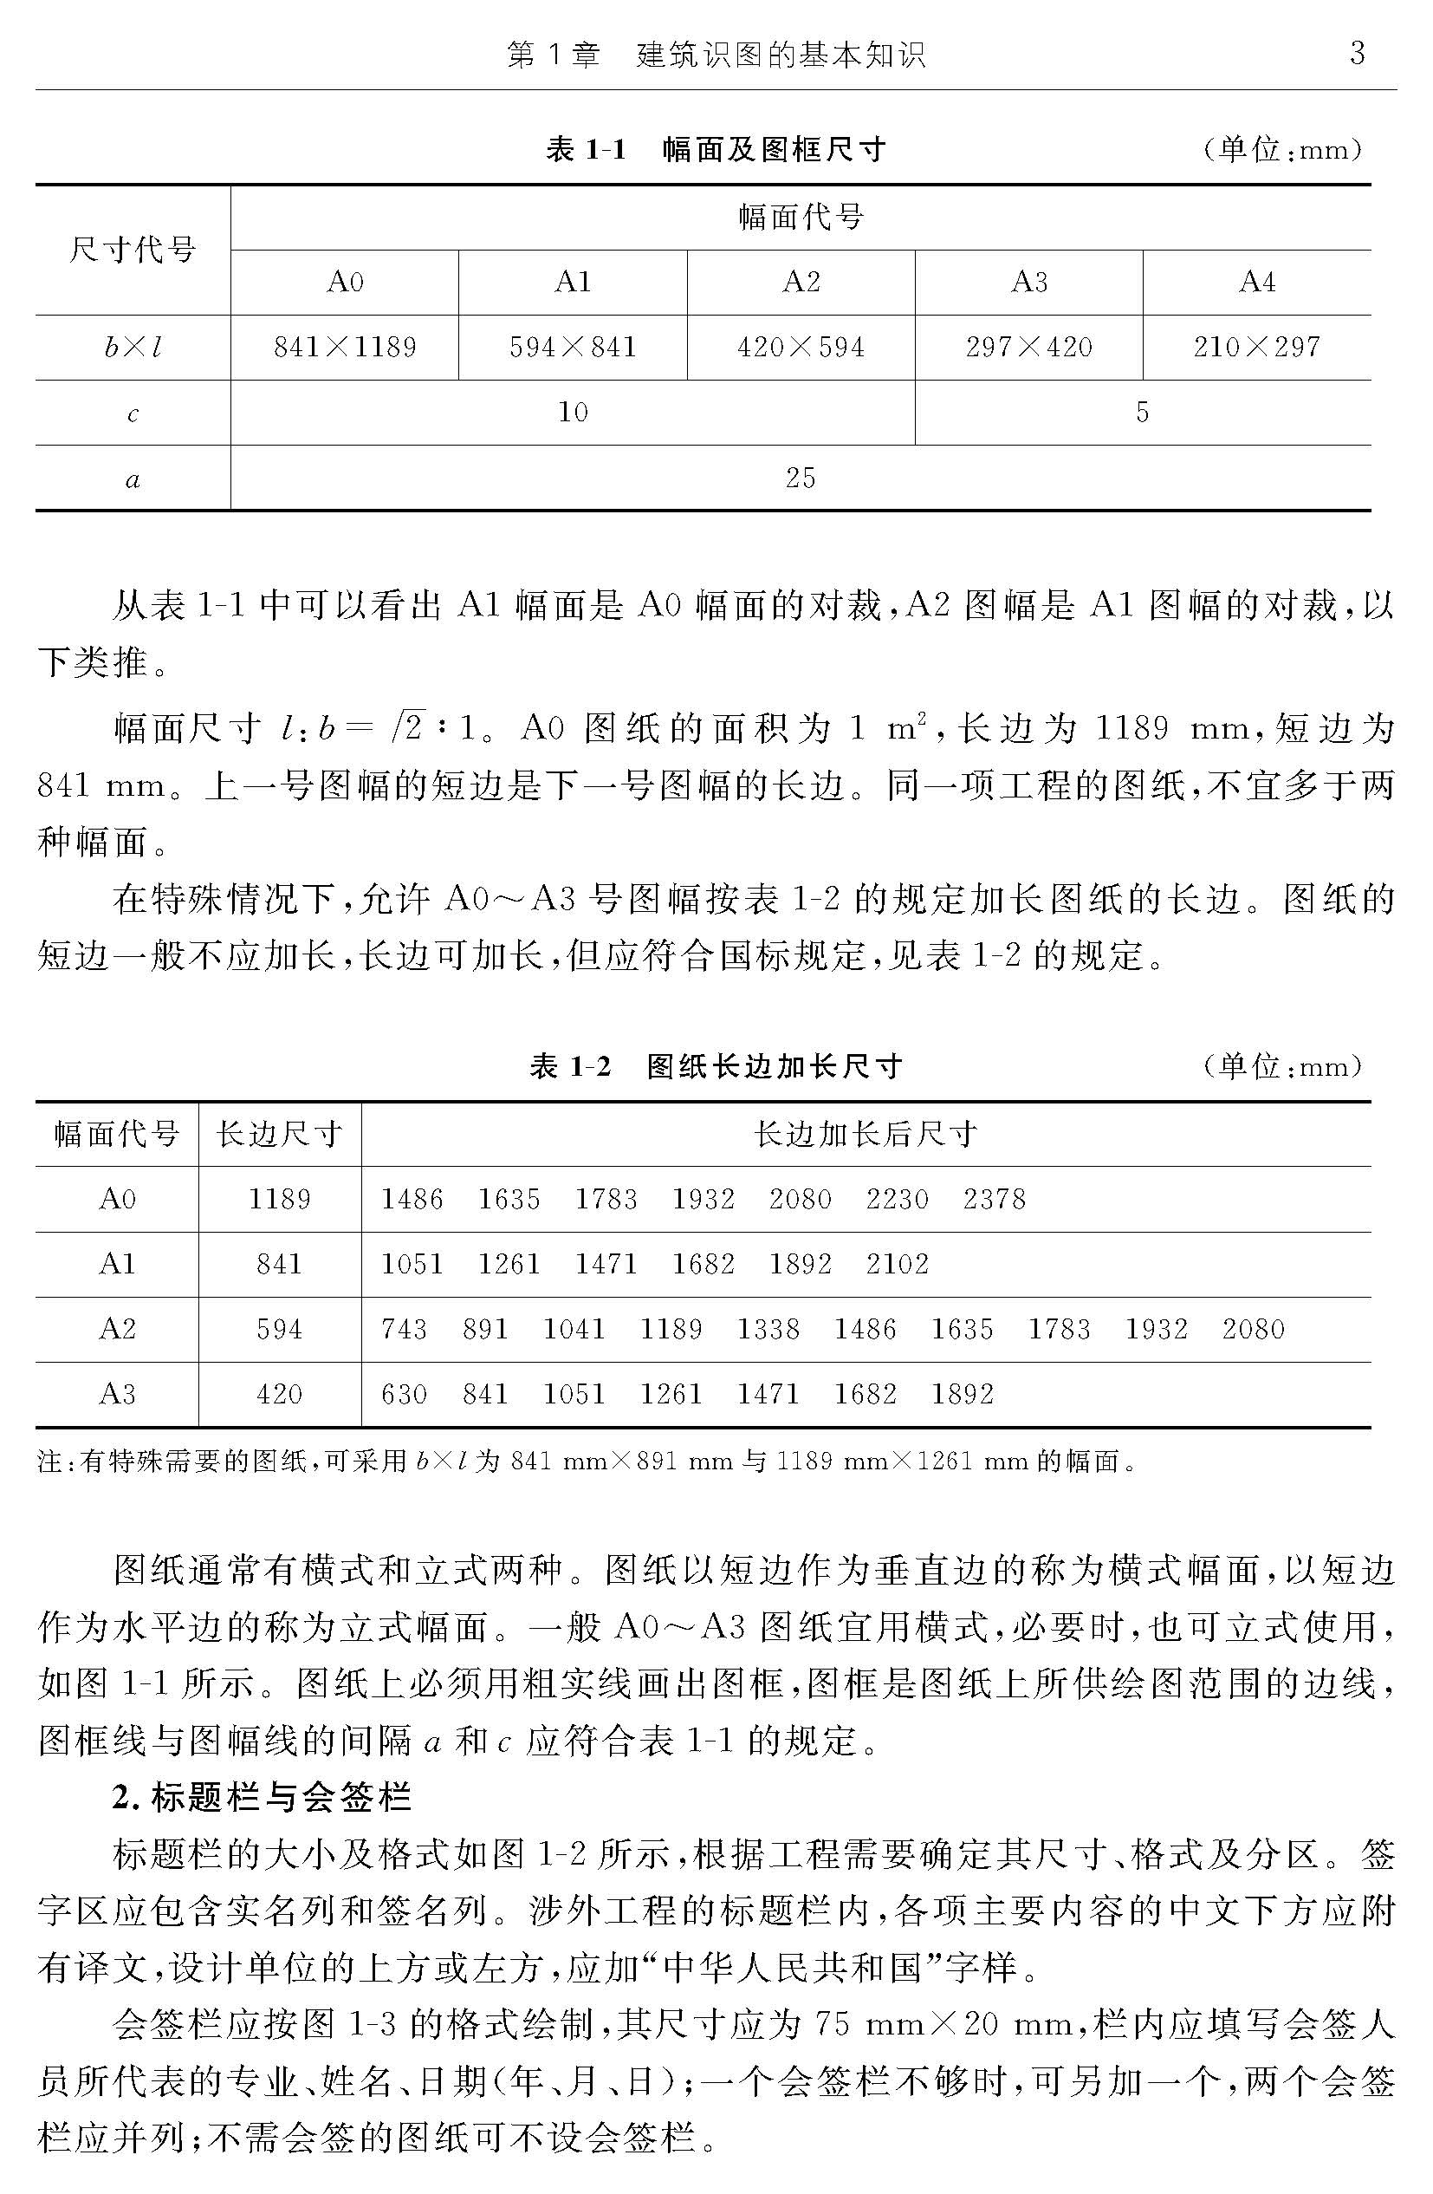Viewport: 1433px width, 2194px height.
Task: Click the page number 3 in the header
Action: [x=1357, y=54]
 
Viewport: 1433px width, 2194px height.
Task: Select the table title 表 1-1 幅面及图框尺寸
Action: [x=715, y=149]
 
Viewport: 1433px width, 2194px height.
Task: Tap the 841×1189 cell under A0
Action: [x=345, y=348]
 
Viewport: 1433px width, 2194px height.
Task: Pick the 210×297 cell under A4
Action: [x=1256, y=348]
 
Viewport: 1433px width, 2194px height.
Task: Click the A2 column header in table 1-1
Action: [x=801, y=282]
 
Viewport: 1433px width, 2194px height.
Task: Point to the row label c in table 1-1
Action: [x=133, y=413]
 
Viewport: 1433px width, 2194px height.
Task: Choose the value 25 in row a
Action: [x=800, y=478]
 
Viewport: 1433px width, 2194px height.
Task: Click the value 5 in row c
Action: [x=1142, y=412]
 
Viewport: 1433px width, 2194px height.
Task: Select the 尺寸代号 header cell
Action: [x=133, y=250]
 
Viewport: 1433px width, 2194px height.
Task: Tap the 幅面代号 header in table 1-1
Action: [x=800, y=218]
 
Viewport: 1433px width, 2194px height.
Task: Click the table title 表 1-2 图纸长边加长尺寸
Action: [x=715, y=1066]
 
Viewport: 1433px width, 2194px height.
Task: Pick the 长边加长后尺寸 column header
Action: [x=866, y=1134]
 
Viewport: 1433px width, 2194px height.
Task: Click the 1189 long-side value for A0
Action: [x=279, y=1200]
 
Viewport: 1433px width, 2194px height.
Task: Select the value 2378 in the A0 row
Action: [x=994, y=1200]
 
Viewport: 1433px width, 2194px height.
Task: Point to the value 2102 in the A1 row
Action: [x=897, y=1264]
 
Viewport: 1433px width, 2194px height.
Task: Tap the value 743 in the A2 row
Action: [x=404, y=1329]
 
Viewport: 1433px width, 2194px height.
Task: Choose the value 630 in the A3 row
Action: [x=404, y=1394]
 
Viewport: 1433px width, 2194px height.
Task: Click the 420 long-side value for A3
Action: [x=279, y=1394]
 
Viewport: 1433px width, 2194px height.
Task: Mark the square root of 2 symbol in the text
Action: [x=405, y=728]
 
